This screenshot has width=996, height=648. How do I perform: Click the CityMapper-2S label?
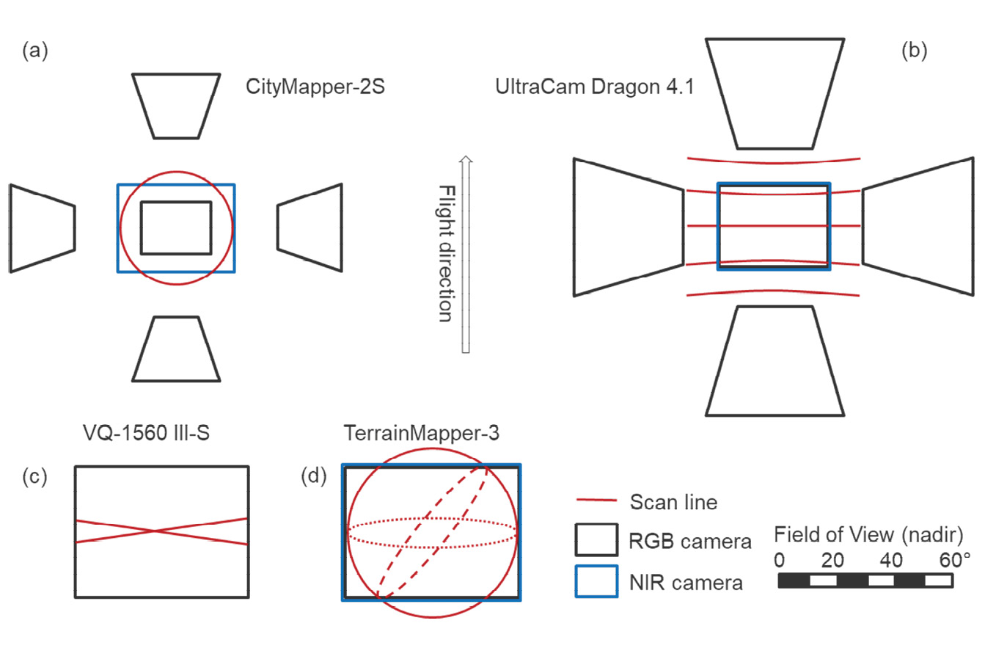pos(315,90)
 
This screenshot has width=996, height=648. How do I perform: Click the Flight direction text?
pos(445,254)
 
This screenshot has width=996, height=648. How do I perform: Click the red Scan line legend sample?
pos(596,501)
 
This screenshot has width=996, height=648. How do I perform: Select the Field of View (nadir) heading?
pos(868,534)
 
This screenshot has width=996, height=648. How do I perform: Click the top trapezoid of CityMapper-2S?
pos(176,105)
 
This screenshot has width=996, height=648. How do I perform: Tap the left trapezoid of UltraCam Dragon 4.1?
pos(629,226)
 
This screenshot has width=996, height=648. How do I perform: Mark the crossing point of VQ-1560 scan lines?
pos(153,531)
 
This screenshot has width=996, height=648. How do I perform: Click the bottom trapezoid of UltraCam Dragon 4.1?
pos(774,360)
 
